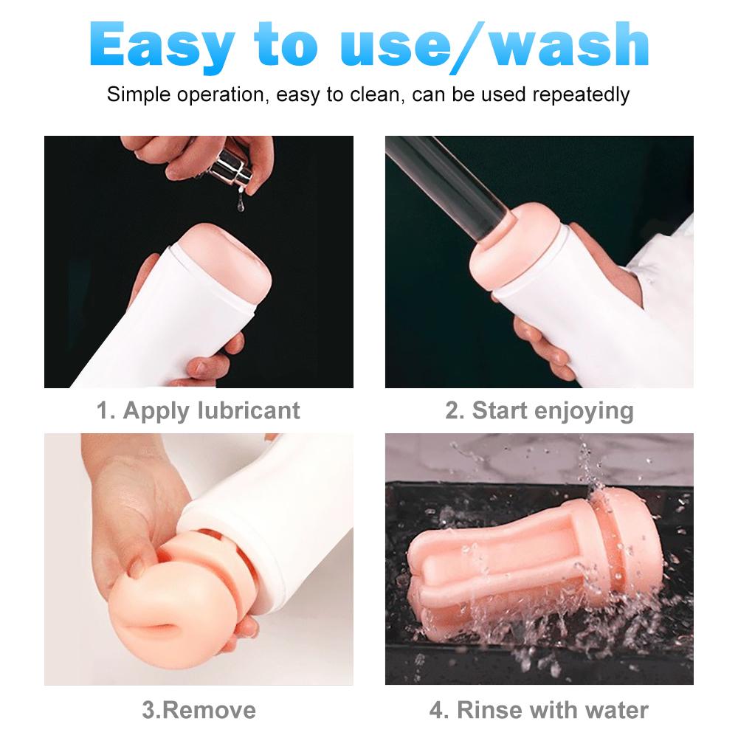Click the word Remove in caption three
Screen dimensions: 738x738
tap(209, 710)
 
